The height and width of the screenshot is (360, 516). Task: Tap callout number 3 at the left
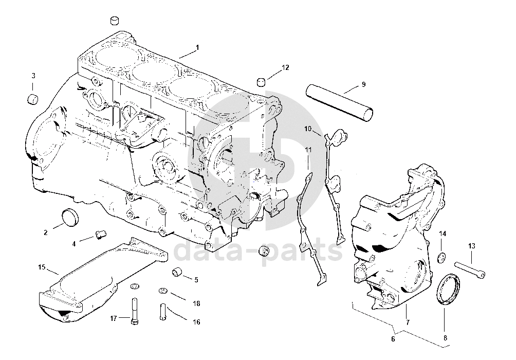[x=33, y=76]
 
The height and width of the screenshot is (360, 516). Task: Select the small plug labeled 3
[x=33, y=98]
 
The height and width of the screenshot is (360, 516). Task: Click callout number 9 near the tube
[x=363, y=84]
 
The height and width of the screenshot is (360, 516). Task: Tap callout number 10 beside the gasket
[x=308, y=128]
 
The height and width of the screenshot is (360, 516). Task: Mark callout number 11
[x=308, y=150]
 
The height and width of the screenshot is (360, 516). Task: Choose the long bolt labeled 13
[x=470, y=268]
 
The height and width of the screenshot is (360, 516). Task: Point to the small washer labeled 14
[x=441, y=257]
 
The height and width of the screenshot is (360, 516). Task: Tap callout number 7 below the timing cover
[x=407, y=322]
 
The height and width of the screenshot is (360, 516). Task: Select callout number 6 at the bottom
[x=393, y=339]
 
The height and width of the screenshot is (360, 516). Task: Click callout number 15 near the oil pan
[x=42, y=267]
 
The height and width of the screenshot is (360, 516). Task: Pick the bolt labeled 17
[x=135, y=312]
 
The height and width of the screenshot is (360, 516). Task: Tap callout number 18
[x=196, y=303]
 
